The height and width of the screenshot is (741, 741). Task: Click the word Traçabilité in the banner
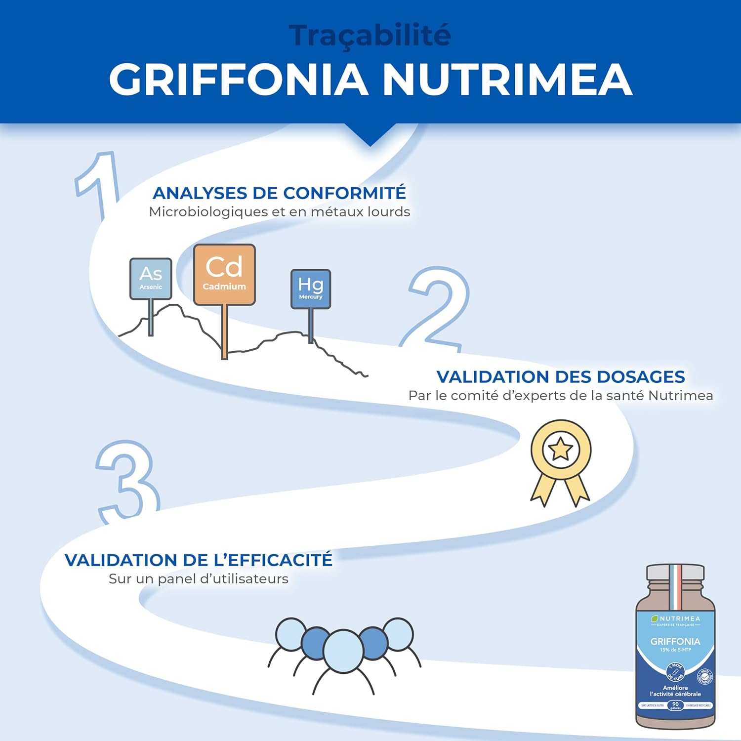pyautogui.click(x=370, y=36)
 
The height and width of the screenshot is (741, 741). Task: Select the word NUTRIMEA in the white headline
pyautogui.click(x=507, y=80)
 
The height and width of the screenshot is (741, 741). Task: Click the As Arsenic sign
pyautogui.click(x=151, y=279)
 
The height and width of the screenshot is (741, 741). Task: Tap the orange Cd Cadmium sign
pyautogui.click(x=224, y=274)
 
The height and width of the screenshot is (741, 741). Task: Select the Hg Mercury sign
pyautogui.click(x=310, y=289)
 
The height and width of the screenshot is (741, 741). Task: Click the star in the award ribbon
pyautogui.click(x=561, y=450)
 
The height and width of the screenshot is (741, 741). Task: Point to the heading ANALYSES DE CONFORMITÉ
pyautogui.click(x=279, y=193)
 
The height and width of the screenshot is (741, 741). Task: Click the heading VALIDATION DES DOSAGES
pyautogui.click(x=561, y=377)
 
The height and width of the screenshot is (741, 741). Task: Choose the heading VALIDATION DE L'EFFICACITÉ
pyautogui.click(x=199, y=560)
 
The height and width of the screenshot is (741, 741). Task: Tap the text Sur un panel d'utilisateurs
pyautogui.click(x=199, y=579)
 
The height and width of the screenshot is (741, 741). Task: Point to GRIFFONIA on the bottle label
pyautogui.click(x=675, y=641)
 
